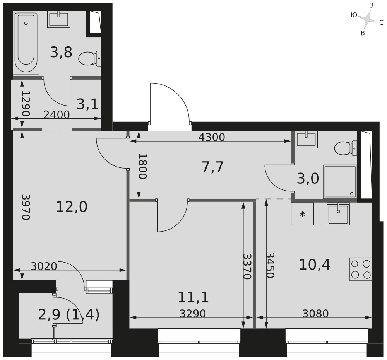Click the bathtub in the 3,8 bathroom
tap(26, 43)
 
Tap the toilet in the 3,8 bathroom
tap(90, 58)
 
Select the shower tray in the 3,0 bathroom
tap(340, 182)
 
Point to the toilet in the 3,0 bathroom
tap(346, 148)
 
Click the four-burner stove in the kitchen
tap(361, 269)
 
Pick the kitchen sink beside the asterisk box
tap(338, 213)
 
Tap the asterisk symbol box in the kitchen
tap(302, 214)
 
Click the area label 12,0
tap(72, 206)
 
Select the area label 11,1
tap(193, 297)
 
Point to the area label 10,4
tap(314, 265)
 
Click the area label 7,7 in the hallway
tap(212, 167)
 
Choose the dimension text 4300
tap(212, 137)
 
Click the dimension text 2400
tap(57, 115)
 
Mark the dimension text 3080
tap(315, 314)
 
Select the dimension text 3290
tap(192, 314)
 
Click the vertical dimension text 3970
tap(26, 207)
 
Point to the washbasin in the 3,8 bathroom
tap(59, 19)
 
